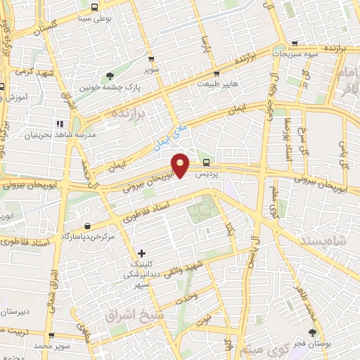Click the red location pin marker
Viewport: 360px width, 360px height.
pos(181,165)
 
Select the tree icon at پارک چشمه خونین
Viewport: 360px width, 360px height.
pos(110,77)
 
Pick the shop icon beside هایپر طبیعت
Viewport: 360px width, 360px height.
pos(217,72)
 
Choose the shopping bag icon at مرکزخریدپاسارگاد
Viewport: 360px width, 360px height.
pos(86,226)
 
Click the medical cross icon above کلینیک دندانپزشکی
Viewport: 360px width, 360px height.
pos(142,252)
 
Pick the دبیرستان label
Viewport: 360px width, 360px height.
pos(14,310)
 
